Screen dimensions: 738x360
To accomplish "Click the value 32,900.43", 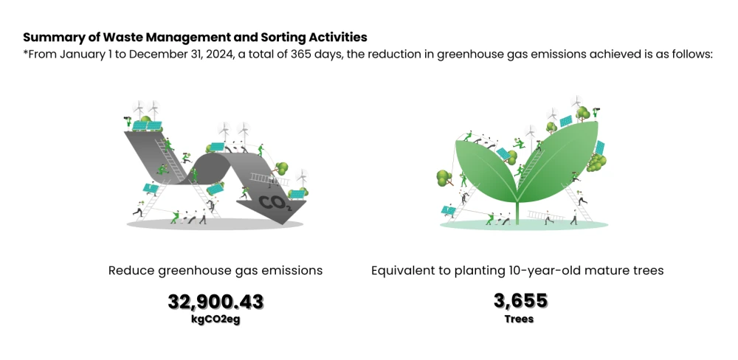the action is [215, 302].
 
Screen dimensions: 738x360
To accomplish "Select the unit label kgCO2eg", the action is [215, 321].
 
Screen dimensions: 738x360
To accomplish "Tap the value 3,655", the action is [520, 301].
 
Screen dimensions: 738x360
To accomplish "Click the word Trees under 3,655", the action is [519, 319].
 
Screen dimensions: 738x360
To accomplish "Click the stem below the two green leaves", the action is [518, 212].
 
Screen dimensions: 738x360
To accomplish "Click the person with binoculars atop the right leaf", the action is [596, 112].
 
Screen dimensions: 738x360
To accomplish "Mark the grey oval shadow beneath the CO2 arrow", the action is [215, 224].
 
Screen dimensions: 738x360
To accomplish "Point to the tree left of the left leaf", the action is [444, 177].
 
